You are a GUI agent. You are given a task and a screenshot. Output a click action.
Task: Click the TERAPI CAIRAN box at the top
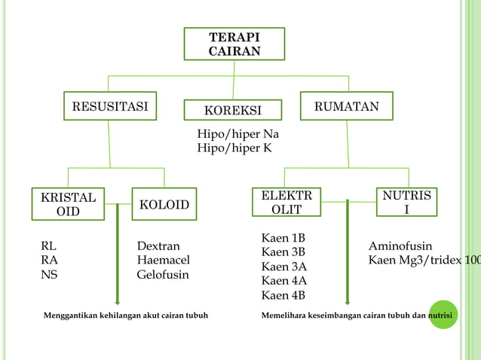click(x=234, y=44)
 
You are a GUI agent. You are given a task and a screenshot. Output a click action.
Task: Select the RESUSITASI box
click(x=109, y=107)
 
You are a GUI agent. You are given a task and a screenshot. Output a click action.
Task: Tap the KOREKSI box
click(x=233, y=111)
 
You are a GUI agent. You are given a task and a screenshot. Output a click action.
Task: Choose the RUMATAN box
click(x=347, y=107)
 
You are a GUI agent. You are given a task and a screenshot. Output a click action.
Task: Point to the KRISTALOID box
click(x=68, y=204)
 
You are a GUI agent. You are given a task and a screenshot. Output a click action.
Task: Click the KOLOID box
click(x=164, y=204)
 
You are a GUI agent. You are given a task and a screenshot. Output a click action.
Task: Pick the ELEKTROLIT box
click(x=286, y=203)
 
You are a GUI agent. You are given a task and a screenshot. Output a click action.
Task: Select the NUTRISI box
click(x=407, y=203)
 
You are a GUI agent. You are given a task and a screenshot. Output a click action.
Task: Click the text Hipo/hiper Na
click(x=238, y=134)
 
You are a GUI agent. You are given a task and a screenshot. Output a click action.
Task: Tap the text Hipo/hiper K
click(x=234, y=148)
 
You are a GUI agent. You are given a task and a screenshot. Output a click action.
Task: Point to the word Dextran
click(x=158, y=246)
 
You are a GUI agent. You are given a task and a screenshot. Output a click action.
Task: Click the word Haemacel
click(x=163, y=260)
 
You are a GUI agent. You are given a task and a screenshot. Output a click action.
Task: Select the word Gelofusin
click(x=163, y=275)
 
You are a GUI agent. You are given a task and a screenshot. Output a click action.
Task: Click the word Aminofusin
click(x=400, y=246)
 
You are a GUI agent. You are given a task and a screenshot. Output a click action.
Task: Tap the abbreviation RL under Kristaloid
click(x=48, y=246)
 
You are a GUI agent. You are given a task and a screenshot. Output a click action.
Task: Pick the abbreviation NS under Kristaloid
click(x=49, y=275)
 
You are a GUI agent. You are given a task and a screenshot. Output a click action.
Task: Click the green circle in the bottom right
click(x=443, y=316)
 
